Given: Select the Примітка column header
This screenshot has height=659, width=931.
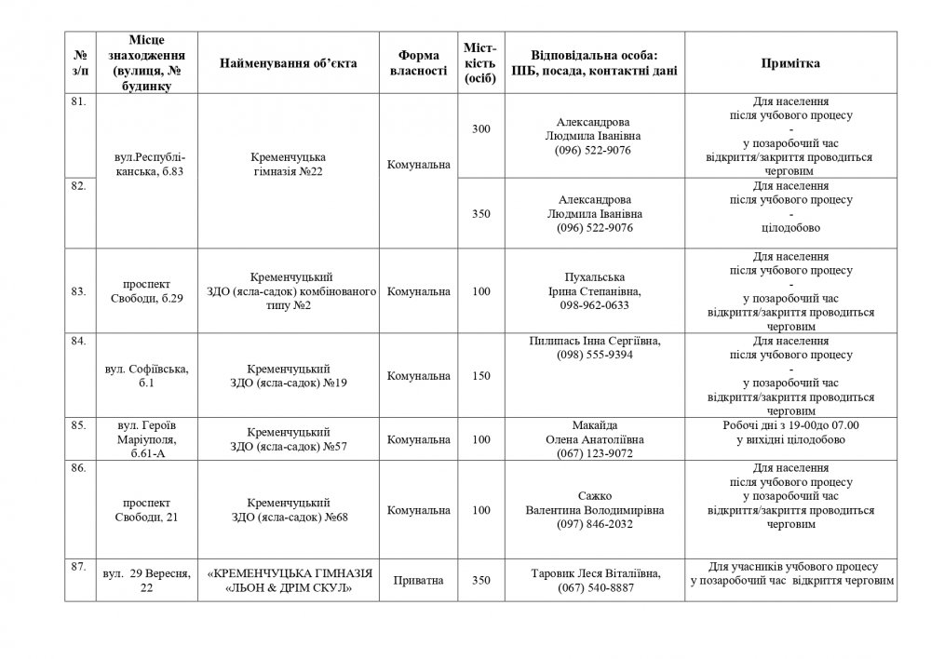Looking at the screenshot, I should [790, 62].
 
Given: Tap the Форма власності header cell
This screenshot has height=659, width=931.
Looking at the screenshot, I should [418, 62].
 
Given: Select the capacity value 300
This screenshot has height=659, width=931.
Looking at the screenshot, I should [480, 128].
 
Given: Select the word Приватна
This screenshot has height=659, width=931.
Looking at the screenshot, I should [418, 581].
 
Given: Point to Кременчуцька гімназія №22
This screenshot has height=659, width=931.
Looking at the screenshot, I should [289, 164].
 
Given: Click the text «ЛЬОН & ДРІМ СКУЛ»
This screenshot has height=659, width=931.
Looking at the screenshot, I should [290, 587].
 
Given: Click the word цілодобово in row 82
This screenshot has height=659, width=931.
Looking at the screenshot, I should [790, 226].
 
